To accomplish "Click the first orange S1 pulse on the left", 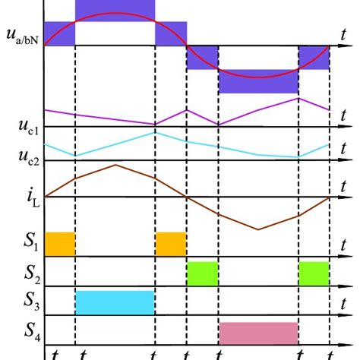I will pyautogui.click(x=60, y=243).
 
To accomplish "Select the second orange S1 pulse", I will pyautogui.click(x=171, y=243).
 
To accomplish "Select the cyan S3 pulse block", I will pyautogui.click(x=115, y=302).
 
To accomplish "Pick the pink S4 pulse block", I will pyautogui.click(x=258, y=333).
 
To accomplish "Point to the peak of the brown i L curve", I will pyautogui.click(x=115, y=165).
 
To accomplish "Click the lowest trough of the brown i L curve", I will pyautogui.click(x=258, y=229).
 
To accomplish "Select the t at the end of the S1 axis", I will pyautogui.click(x=343, y=244).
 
